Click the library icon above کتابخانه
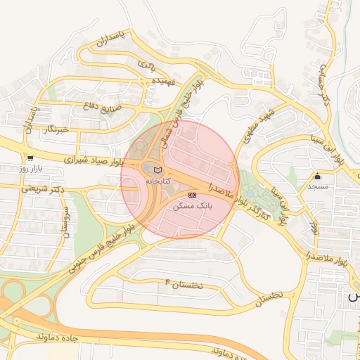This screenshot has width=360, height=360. tap(157, 169)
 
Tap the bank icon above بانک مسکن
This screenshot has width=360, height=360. tap(192, 195)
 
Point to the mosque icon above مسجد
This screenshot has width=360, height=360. tap(318, 176)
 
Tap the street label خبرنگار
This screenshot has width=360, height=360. tap(55, 129)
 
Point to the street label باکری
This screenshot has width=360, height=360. tap(146, 65)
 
